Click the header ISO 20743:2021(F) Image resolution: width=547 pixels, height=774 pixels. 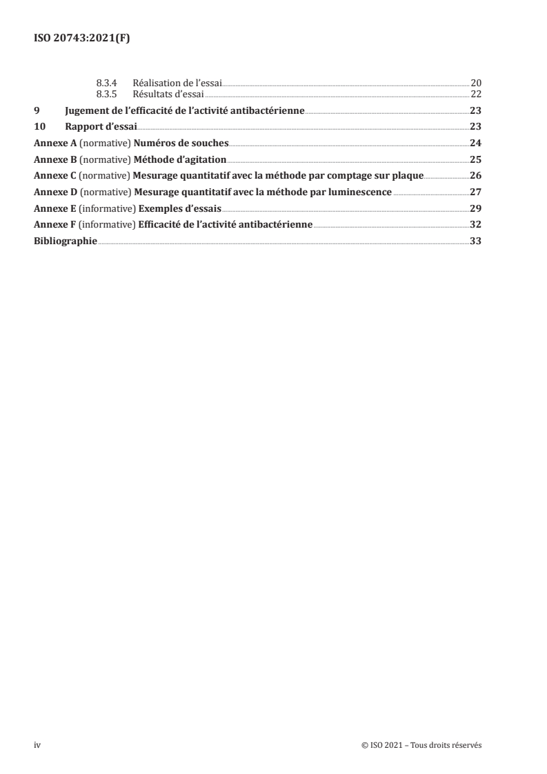[x=82, y=39]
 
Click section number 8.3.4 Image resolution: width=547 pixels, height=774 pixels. [x=109, y=83]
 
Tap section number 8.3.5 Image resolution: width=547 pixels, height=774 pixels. [x=109, y=95]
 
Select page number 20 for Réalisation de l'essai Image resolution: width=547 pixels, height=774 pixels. [x=475, y=83]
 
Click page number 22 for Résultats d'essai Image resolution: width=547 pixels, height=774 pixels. [x=475, y=95]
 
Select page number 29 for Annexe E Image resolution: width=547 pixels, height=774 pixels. [x=475, y=208]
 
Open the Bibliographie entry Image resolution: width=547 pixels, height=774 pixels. [x=66, y=241]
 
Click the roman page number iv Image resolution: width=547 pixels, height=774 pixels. [x=38, y=746]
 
